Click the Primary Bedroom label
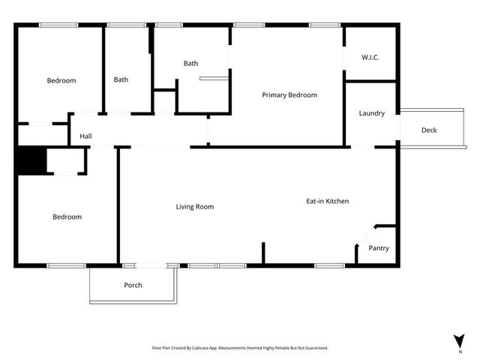(289, 95)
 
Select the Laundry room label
(372, 113)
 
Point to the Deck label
(429, 130)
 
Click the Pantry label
(379, 248)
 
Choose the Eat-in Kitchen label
(327, 201)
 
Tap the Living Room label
(195, 207)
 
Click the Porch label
(133, 285)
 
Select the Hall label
(86, 137)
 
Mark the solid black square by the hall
(31, 161)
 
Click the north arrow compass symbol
(459, 340)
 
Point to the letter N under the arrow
(459, 351)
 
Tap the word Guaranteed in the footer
(317, 348)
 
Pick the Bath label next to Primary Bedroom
(191, 64)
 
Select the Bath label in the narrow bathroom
(121, 79)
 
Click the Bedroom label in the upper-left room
(61, 80)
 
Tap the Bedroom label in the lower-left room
(67, 217)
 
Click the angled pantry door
(365, 235)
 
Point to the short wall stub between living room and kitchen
(263, 252)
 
